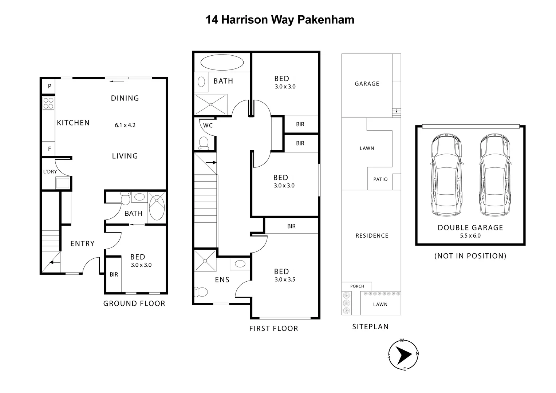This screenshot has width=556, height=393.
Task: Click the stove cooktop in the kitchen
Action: point(48,103)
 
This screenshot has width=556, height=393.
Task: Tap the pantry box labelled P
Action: point(50,87)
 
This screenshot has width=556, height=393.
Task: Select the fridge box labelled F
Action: point(50,149)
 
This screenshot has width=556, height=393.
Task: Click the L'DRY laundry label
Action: point(50,172)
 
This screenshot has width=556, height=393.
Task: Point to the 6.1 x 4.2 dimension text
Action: point(125,125)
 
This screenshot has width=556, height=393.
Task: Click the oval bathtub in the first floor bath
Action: point(222,62)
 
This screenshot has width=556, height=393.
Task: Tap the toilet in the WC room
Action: point(204,143)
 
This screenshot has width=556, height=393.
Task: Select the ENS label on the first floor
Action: point(222,279)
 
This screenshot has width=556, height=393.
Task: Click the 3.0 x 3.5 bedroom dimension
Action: point(285,280)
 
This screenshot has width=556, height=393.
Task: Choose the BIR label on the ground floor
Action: point(114,275)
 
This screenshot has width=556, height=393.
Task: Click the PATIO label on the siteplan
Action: point(380,179)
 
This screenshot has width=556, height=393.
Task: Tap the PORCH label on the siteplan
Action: point(357,286)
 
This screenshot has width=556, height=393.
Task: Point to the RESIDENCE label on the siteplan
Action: point(372,236)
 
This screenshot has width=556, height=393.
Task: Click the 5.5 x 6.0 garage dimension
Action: point(470,235)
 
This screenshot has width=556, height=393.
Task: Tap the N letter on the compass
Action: point(417,353)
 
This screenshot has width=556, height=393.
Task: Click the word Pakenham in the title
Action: point(326,20)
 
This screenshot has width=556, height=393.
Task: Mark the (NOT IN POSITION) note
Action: point(470,256)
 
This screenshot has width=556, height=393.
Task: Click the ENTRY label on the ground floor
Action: point(82,244)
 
